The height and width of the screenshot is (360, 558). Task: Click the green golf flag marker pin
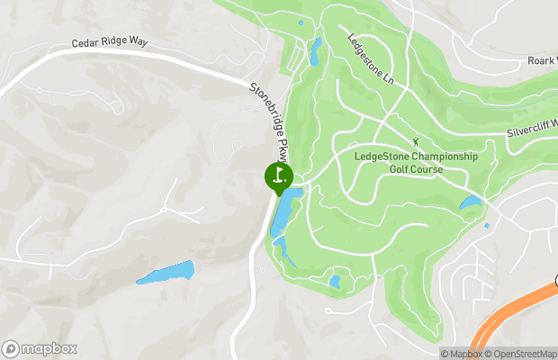click(279, 175)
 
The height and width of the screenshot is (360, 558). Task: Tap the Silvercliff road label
click(530, 131)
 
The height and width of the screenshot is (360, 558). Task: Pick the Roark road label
click(542, 61)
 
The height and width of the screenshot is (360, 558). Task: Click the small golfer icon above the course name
click(415, 141)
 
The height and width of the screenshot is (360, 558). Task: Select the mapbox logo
click(40, 348)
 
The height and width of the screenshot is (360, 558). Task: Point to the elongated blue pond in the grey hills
click(166, 273)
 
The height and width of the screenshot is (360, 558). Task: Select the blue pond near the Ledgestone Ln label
click(314, 52)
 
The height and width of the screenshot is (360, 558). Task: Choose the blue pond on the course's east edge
click(471, 203)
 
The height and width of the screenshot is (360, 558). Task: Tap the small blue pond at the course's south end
click(335, 282)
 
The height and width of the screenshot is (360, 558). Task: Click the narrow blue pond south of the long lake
click(283, 250)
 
